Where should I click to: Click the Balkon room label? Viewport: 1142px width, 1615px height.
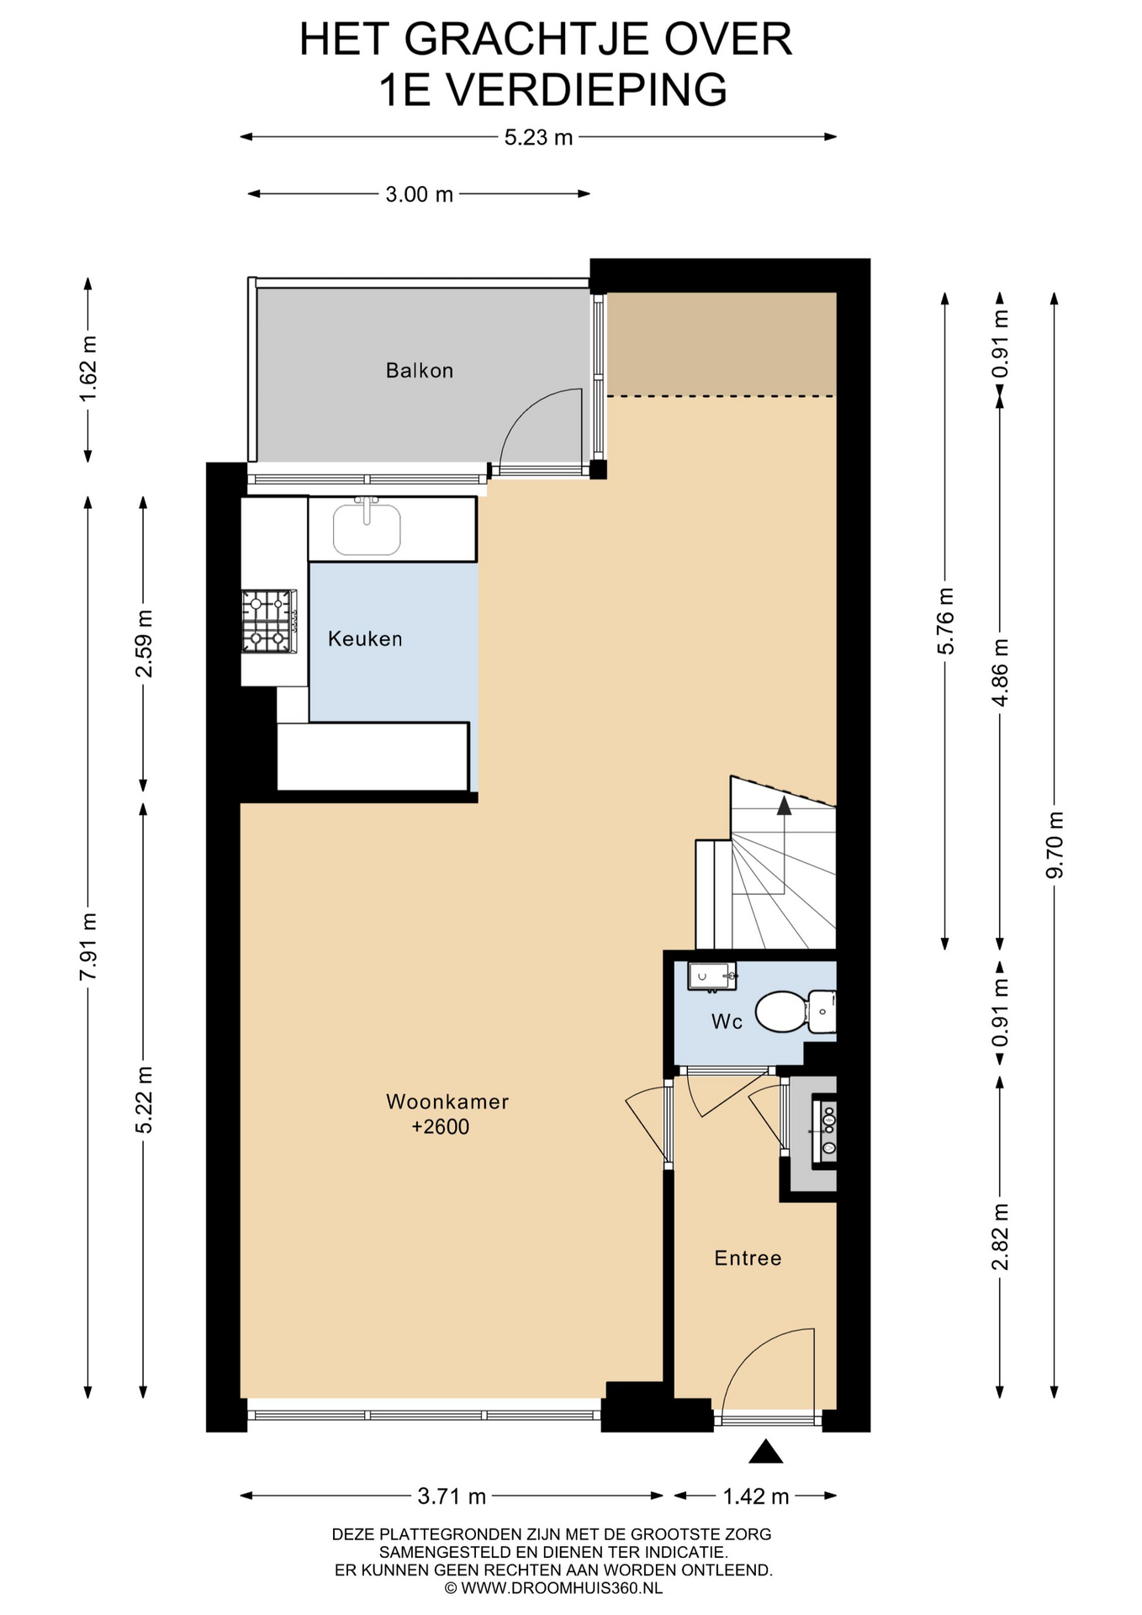419,370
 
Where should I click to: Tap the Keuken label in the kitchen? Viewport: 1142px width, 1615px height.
365,638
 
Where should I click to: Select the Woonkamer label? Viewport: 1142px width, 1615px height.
447,1101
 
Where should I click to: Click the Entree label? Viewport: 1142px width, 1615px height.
748,1258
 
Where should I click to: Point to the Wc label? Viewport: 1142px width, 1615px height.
727,1021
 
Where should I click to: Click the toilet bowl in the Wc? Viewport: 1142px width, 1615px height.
781,1012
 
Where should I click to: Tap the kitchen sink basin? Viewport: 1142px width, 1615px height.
367,529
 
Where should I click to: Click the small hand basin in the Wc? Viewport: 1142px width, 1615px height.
711,976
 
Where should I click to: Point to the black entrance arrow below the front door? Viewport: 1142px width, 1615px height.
765,1451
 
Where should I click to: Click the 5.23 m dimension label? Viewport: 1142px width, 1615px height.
538,137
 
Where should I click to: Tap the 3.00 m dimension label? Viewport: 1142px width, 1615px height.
419,194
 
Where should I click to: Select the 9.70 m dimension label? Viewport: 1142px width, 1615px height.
1055,845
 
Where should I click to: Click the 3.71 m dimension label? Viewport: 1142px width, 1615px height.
452,1496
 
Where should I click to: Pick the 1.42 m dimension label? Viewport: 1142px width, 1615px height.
756,1496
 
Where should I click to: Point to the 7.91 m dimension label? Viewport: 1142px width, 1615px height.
88,945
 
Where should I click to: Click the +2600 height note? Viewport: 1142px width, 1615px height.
440,1127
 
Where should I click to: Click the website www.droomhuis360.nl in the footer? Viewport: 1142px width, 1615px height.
552,1588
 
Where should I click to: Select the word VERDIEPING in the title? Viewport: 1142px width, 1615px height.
587,90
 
